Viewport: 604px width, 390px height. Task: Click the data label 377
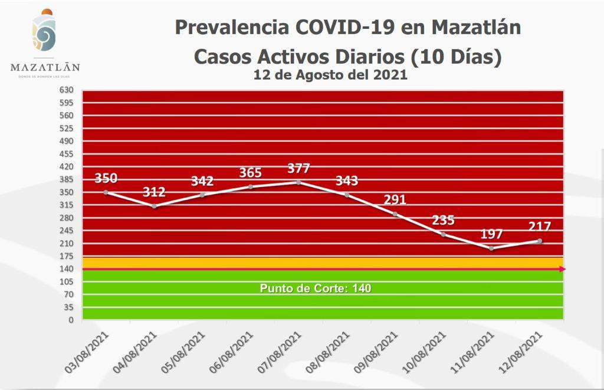(x=298, y=168)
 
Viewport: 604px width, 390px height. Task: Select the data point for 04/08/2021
(x=154, y=206)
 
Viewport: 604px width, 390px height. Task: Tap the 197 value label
(x=491, y=234)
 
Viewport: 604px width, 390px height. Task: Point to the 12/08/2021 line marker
(x=540, y=241)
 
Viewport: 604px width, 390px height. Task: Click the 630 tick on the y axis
(x=65, y=90)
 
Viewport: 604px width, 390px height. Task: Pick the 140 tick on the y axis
(x=65, y=269)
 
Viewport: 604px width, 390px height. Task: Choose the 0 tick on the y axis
(x=70, y=320)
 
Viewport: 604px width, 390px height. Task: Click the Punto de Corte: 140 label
(x=316, y=289)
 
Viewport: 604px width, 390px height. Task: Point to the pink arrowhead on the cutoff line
(x=562, y=269)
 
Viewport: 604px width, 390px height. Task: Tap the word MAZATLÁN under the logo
(x=45, y=68)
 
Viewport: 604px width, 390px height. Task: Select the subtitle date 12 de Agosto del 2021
(x=330, y=76)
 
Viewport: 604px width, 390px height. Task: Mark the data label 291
(x=395, y=199)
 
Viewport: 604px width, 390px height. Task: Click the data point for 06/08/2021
(x=251, y=187)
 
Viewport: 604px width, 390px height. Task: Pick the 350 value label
(x=106, y=178)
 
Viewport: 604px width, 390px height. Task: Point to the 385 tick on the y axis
(x=65, y=179)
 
